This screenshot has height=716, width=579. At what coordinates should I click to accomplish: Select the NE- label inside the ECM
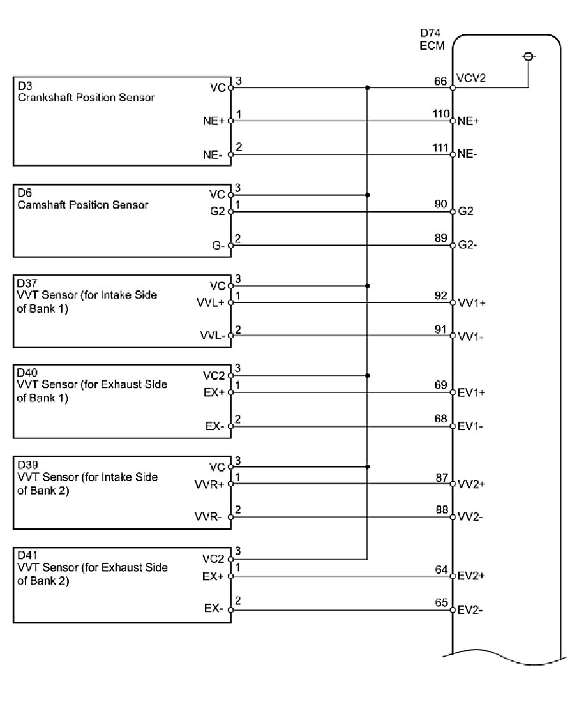point(469,154)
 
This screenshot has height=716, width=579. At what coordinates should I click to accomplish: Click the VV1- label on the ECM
point(470,336)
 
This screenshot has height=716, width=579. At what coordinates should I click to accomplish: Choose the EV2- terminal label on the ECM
point(470,609)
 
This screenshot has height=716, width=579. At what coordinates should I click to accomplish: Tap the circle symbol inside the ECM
point(528,57)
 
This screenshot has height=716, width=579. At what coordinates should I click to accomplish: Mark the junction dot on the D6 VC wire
point(367,195)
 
